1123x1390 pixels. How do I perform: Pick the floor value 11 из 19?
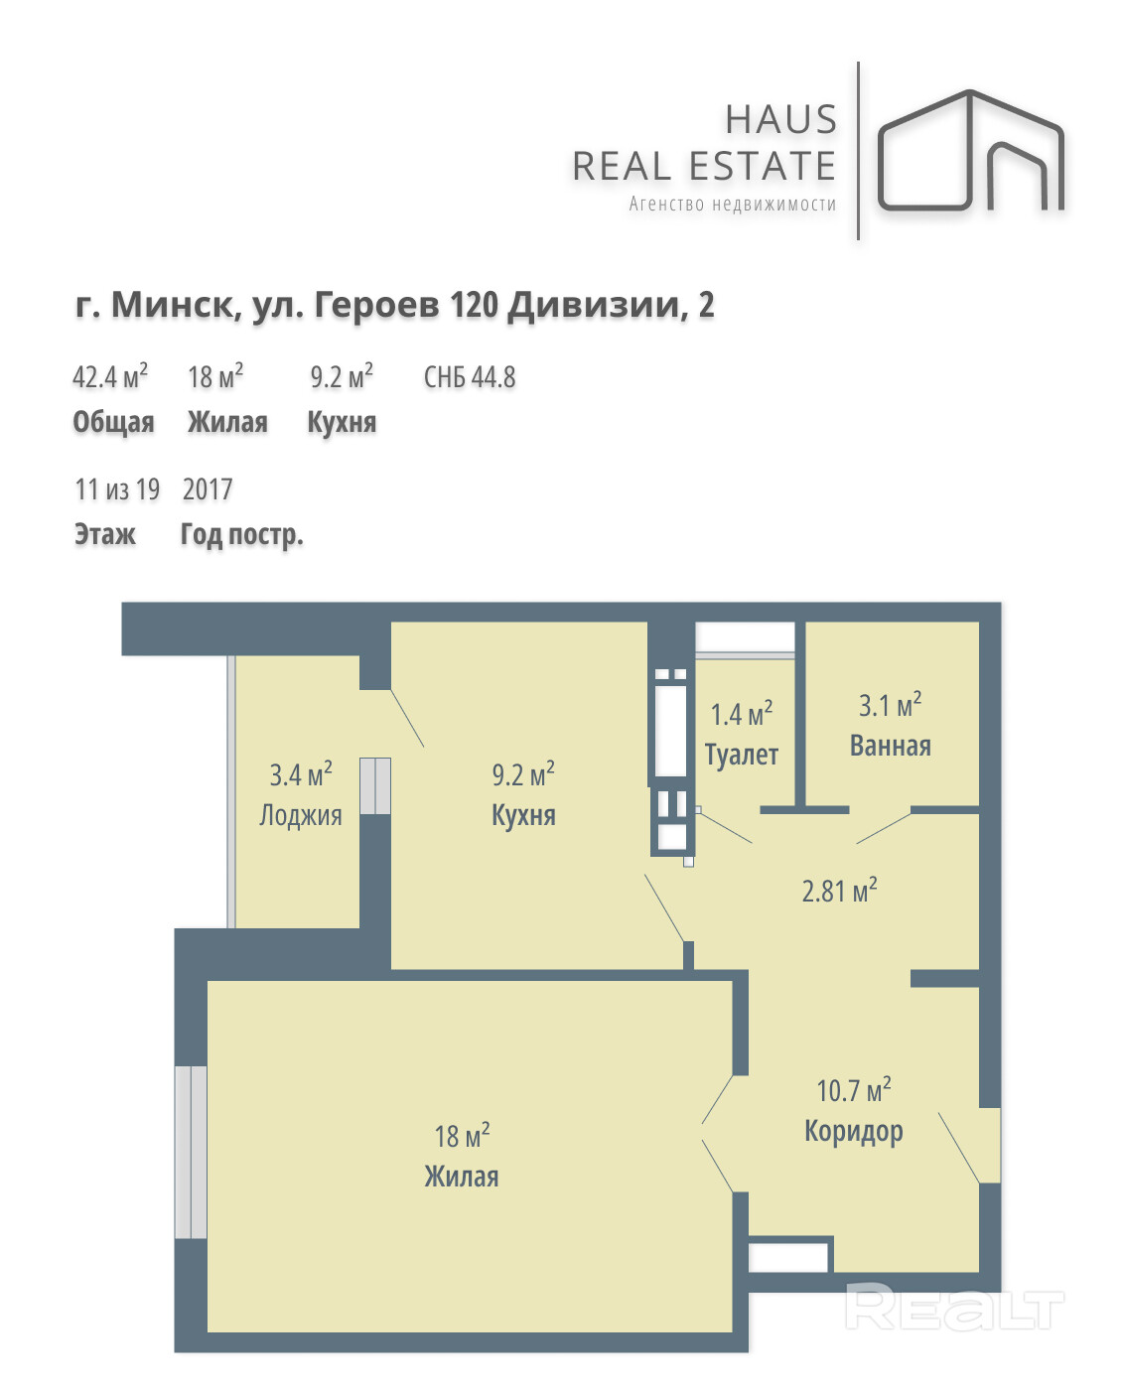(117, 488)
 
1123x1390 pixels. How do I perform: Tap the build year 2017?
(206, 488)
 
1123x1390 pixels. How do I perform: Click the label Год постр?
(240, 534)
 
